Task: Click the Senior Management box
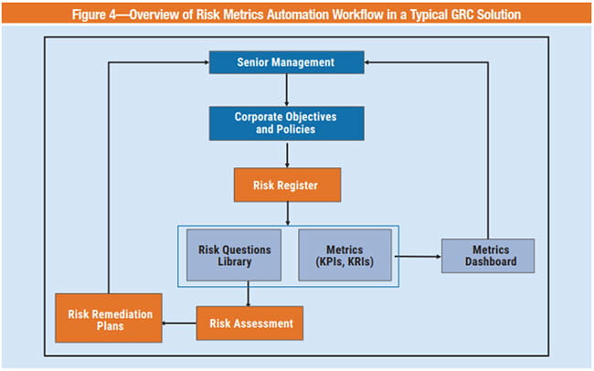coord(286,62)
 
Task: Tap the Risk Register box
coord(286,185)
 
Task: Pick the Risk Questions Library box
coord(231,255)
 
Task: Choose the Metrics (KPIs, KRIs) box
coord(345,255)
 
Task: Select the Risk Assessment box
coord(249,323)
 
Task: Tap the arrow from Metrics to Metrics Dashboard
coord(416,257)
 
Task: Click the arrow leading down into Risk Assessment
coord(249,297)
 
